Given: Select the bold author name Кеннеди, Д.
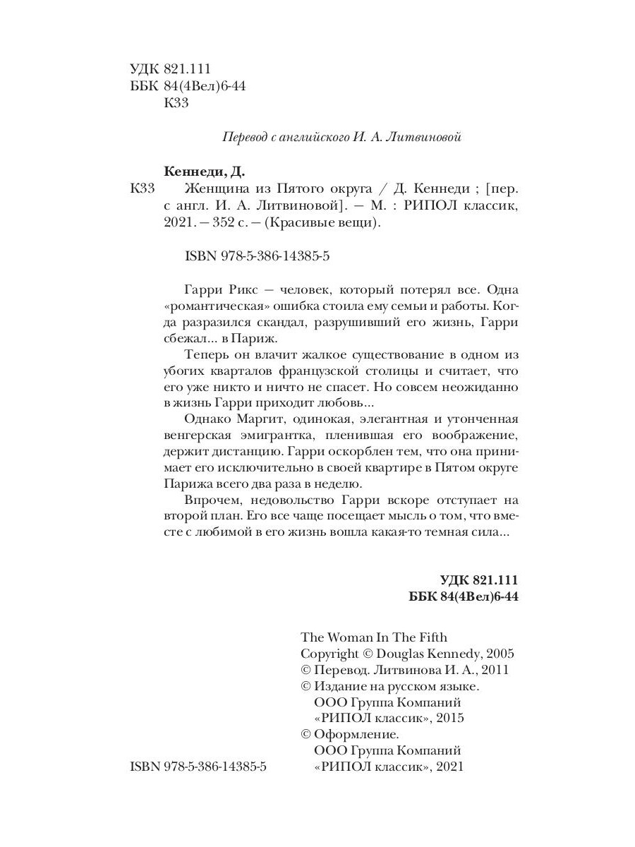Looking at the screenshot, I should tap(207, 172).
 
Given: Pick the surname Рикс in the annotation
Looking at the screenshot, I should tap(238, 290).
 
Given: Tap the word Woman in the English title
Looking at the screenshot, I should tap(348, 637).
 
